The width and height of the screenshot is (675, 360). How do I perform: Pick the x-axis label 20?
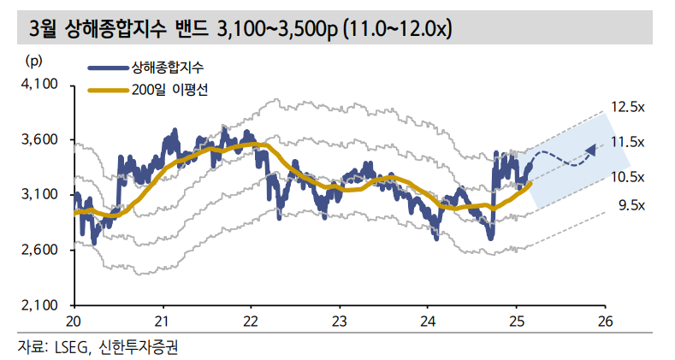pyautogui.click(x=75, y=321)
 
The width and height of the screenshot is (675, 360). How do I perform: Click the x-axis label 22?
pyautogui.click(x=252, y=321)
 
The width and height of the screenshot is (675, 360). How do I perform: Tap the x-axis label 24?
pyautogui.click(x=429, y=321)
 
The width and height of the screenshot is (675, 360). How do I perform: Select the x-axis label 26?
pyautogui.click(x=606, y=321)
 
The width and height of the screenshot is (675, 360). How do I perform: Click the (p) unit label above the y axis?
pyautogui.click(x=35, y=60)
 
